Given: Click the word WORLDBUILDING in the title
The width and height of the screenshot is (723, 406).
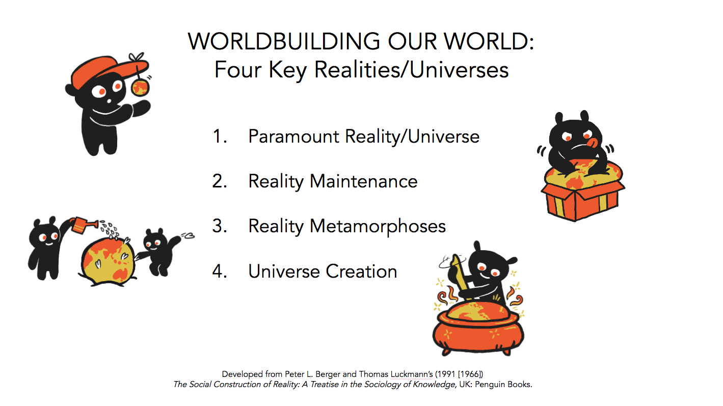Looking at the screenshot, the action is [284, 42].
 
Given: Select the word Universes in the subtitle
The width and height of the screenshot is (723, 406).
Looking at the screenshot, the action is [459, 70].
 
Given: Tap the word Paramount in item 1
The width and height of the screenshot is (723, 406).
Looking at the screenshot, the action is [293, 137].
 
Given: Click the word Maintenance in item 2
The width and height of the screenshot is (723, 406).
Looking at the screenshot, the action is [364, 181].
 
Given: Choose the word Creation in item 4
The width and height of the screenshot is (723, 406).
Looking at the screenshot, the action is [362, 271].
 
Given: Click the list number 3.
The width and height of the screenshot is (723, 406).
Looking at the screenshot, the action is [220, 226].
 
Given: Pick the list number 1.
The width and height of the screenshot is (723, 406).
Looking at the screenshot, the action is [220, 136].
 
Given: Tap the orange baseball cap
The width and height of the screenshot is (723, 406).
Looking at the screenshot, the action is [108, 71].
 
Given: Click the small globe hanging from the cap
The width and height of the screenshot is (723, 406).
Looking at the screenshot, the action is [141, 88].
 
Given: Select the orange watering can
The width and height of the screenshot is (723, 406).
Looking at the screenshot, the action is [83, 225].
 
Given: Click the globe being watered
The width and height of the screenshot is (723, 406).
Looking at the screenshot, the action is [108, 261].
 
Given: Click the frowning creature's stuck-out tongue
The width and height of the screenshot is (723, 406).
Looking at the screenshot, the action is [593, 142].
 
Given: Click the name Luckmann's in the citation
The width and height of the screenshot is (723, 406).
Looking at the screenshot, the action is [412, 374].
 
